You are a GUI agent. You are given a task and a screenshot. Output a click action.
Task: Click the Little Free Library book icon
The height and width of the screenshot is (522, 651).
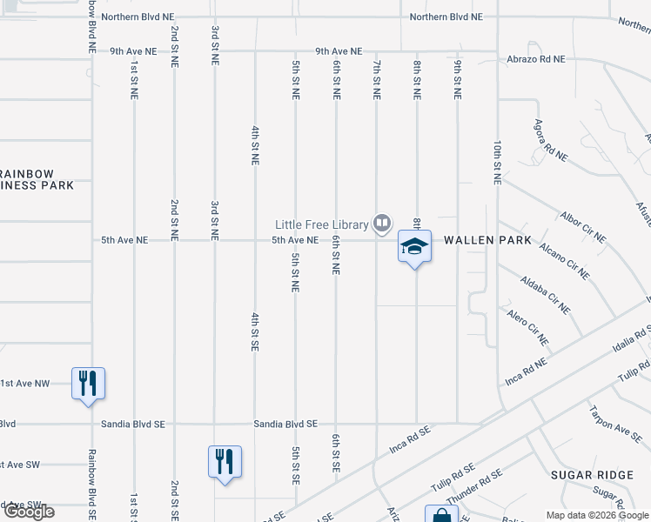point(381,224)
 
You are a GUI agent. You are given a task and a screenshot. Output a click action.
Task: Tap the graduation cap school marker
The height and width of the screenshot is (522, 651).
point(414,247)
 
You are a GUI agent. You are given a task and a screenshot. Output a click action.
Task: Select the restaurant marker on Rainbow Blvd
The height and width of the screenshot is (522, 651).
point(88,383)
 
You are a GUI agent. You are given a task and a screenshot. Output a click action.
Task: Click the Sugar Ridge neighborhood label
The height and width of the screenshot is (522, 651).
point(593,474)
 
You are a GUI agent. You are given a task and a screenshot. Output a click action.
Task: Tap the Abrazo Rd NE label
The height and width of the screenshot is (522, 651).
point(536,59)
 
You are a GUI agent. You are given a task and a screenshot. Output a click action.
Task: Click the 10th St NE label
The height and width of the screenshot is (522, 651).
point(497,162)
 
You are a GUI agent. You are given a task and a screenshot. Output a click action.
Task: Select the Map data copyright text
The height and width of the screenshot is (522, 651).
point(596,515)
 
